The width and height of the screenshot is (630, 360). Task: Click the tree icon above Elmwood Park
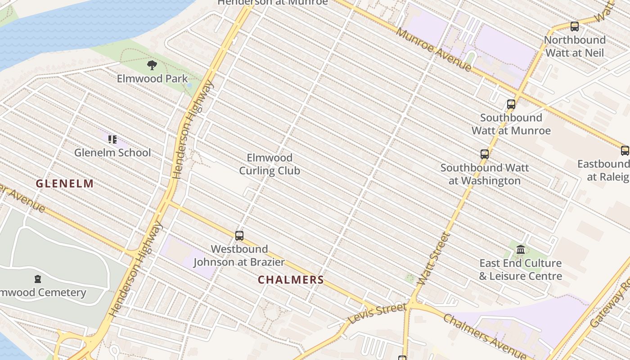tap(152, 65)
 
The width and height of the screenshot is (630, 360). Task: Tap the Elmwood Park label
tap(152, 79)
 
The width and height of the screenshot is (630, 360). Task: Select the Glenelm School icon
tap(112, 139)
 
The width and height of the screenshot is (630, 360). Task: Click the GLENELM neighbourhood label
tap(65, 184)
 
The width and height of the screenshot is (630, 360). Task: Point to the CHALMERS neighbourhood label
tap(291, 280)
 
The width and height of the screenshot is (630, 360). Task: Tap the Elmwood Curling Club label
tap(270, 164)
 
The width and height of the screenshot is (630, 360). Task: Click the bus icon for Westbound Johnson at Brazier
tap(239, 235)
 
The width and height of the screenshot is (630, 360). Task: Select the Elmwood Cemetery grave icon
tap(38, 279)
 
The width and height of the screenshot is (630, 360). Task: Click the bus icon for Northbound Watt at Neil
tap(574, 27)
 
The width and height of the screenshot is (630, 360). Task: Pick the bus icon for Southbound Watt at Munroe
tap(511, 104)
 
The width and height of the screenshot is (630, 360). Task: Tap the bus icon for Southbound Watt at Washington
tap(485, 154)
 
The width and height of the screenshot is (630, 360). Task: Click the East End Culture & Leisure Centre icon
tap(521, 249)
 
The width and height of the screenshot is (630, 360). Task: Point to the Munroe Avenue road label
tap(434, 49)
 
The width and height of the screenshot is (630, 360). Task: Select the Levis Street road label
tap(378, 313)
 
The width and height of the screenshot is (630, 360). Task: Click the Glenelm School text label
tap(112, 153)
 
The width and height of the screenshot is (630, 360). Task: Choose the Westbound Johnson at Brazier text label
tap(239, 256)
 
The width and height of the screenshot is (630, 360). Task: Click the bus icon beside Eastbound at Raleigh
tap(625, 151)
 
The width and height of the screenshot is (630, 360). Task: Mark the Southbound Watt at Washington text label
tap(485, 174)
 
